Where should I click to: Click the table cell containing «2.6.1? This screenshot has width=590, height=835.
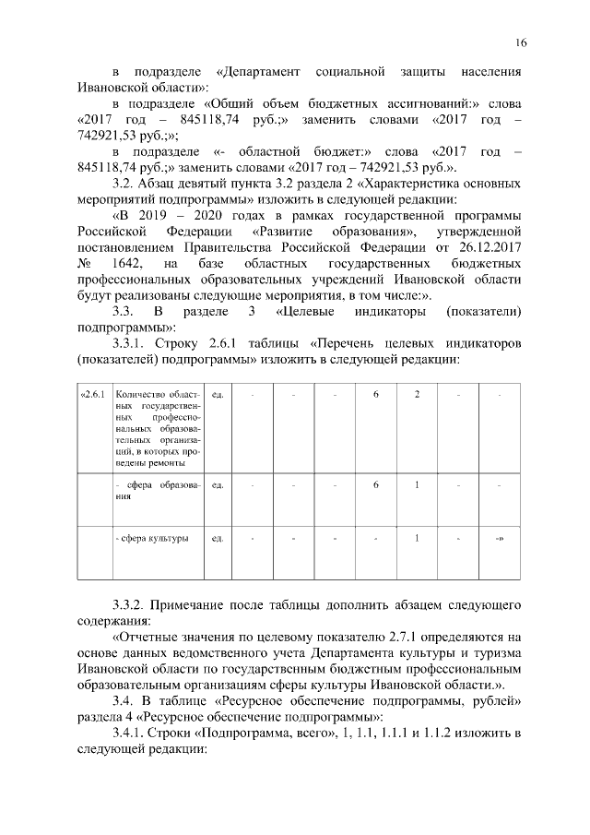[x=94, y=395]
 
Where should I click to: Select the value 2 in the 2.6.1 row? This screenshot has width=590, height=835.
[x=418, y=395]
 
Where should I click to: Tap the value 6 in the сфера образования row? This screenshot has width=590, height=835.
[x=375, y=483]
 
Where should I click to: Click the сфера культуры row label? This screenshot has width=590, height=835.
[x=152, y=537]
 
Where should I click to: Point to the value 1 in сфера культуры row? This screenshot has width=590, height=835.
[x=418, y=537]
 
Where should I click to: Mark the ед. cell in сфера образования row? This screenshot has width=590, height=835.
[x=218, y=483]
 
